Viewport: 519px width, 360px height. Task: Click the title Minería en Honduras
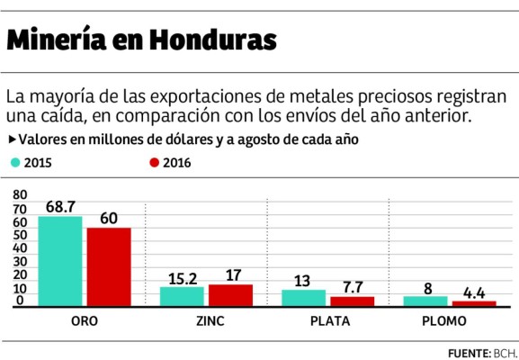pyautogui.click(x=141, y=40)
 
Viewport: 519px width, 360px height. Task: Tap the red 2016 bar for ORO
pyautogui.click(x=109, y=268)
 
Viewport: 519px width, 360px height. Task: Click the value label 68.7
pyautogui.click(x=62, y=207)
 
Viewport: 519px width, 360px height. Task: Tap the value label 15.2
pyautogui.click(x=184, y=278)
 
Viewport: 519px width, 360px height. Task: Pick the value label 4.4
pyautogui.click(x=475, y=292)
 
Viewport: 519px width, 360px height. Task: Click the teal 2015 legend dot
pyautogui.click(x=14, y=163)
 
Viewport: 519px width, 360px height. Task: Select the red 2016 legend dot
pyautogui.click(x=154, y=163)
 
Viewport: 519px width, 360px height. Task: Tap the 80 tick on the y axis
pyautogui.click(x=21, y=194)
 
